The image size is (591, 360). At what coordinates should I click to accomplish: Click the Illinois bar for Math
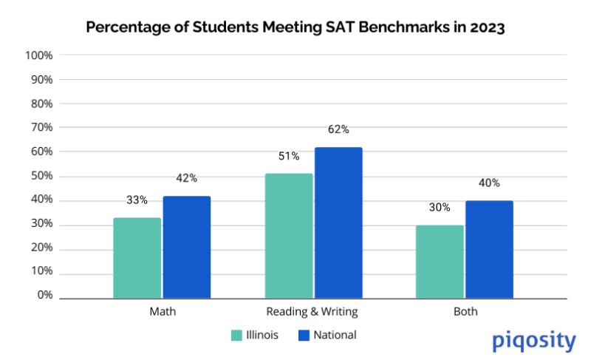[137, 258]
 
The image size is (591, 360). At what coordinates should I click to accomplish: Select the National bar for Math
[187, 247]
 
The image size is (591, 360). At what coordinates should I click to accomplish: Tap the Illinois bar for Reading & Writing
[289, 236]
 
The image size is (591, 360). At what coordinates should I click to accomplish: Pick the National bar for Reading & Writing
[338, 223]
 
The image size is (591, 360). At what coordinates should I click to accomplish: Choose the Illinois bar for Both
[440, 262]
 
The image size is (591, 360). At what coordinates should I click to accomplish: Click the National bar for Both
[489, 249]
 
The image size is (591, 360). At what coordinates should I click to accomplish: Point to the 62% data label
[338, 129]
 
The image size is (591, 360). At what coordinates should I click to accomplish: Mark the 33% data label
[137, 200]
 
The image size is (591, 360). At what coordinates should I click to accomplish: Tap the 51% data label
[289, 156]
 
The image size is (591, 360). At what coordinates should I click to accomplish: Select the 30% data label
[440, 207]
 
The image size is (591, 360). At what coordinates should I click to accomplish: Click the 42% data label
[187, 178]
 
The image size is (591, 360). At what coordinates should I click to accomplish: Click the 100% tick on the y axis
[38, 55]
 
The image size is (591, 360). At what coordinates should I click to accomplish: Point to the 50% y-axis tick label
[41, 176]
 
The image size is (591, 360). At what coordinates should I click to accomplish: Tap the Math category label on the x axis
[162, 312]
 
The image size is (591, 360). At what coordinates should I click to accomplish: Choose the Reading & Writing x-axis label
[313, 312]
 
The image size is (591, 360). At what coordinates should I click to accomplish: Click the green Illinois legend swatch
[237, 336]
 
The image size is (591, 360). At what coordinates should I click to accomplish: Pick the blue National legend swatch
[302, 336]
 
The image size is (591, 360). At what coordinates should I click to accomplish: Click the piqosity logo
[533, 341]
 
